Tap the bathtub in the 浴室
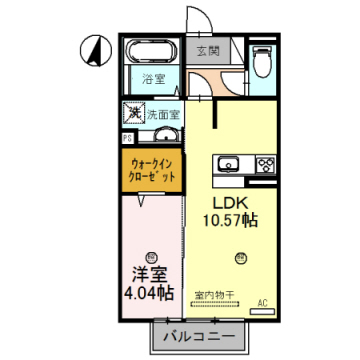152,50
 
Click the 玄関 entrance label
207,50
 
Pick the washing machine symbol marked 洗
131,114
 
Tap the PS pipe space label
127,138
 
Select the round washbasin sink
167,136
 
